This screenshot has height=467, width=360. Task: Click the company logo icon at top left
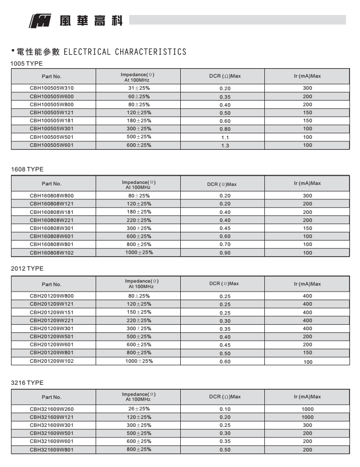(x=39, y=21)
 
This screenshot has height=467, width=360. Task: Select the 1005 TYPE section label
(x=27, y=64)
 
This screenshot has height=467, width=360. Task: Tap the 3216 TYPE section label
(x=27, y=383)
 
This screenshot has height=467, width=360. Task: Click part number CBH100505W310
(x=52, y=88)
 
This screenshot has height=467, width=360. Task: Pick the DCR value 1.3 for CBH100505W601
(x=225, y=145)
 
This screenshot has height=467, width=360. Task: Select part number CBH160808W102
(x=52, y=253)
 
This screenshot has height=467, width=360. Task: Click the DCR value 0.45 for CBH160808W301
(x=225, y=228)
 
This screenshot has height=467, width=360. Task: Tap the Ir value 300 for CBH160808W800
(x=307, y=195)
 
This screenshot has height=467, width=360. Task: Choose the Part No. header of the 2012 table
(x=52, y=284)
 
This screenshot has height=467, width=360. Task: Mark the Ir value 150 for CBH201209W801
(x=307, y=353)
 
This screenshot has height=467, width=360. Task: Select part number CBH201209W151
(x=52, y=312)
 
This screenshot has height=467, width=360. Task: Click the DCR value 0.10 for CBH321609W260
(x=225, y=409)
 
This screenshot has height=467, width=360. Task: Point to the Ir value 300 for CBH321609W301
(x=307, y=425)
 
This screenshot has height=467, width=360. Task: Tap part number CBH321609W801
(x=52, y=449)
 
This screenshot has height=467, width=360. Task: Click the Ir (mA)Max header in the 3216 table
(x=307, y=397)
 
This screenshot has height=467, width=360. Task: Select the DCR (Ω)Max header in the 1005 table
(x=225, y=76)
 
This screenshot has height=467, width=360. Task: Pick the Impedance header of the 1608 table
(x=139, y=184)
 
